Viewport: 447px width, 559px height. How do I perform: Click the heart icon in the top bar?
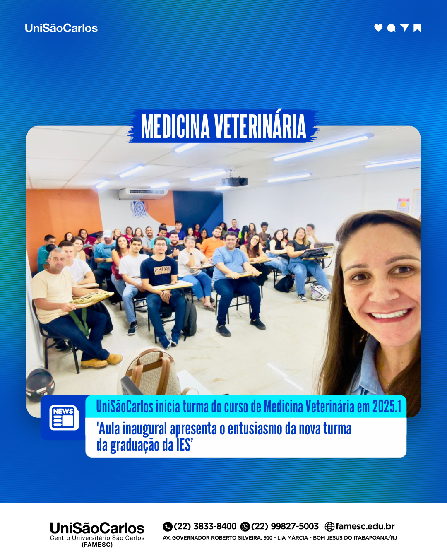(378, 28)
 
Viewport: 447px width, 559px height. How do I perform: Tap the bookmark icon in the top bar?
(417, 28)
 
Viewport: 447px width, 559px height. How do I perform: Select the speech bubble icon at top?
(391, 28)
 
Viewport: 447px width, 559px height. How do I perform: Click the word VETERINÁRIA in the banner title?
(260, 127)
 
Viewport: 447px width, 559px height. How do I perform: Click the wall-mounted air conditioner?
(143, 194)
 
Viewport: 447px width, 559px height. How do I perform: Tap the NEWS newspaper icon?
(64, 418)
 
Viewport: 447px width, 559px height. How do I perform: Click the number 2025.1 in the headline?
(387, 406)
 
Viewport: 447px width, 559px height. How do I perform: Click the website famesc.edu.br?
(365, 526)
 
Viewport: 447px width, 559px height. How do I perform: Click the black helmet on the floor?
(40, 384)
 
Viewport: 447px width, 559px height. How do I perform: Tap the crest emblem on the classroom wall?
(139, 208)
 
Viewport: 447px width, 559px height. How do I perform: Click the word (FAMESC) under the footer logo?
(97, 545)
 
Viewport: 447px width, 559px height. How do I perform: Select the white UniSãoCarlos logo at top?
(61, 28)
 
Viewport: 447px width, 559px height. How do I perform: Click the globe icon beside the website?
(329, 527)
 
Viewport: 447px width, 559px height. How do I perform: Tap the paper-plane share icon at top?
(404, 27)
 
